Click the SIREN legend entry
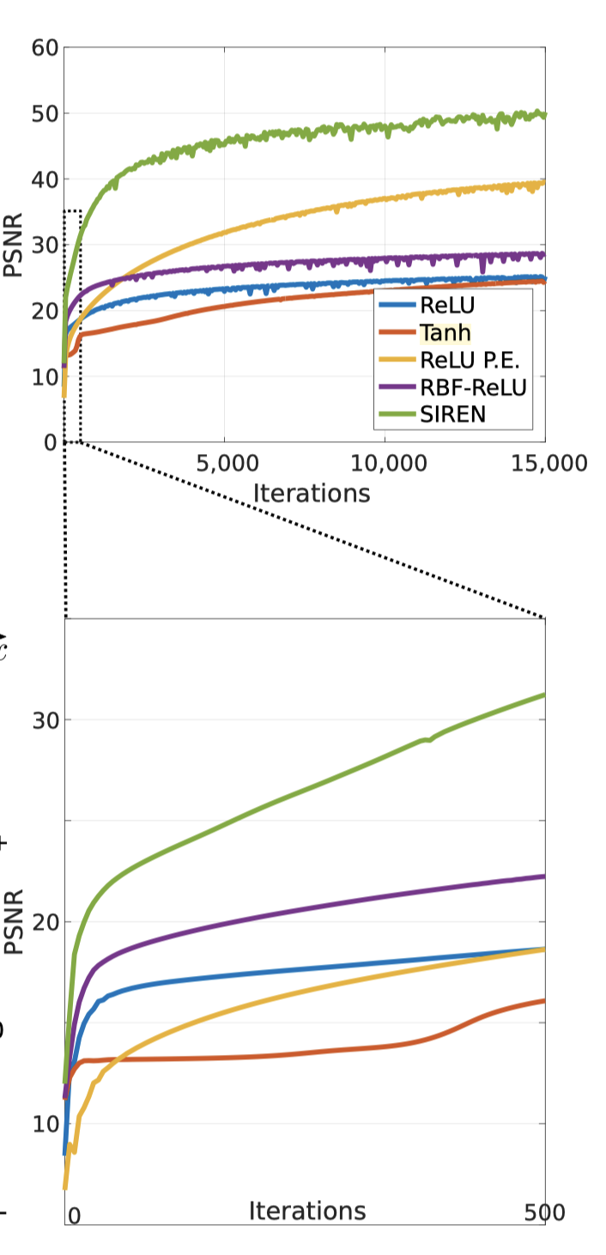pyautogui.click(x=453, y=415)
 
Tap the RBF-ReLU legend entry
pyautogui.click(x=472, y=388)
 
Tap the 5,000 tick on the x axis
pyautogui.click(x=225, y=464)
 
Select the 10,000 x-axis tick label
pyautogui.click(x=385, y=464)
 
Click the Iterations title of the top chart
pyautogui.click(x=312, y=493)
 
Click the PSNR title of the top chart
pyautogui.click(x=13, y=245)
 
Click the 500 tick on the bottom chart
pyautogui.click(x=544, y=1213)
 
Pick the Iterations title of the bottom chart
pyautogui.click(x=306, y=1210)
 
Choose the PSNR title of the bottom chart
pyautogui.click(x=13, y=922)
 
